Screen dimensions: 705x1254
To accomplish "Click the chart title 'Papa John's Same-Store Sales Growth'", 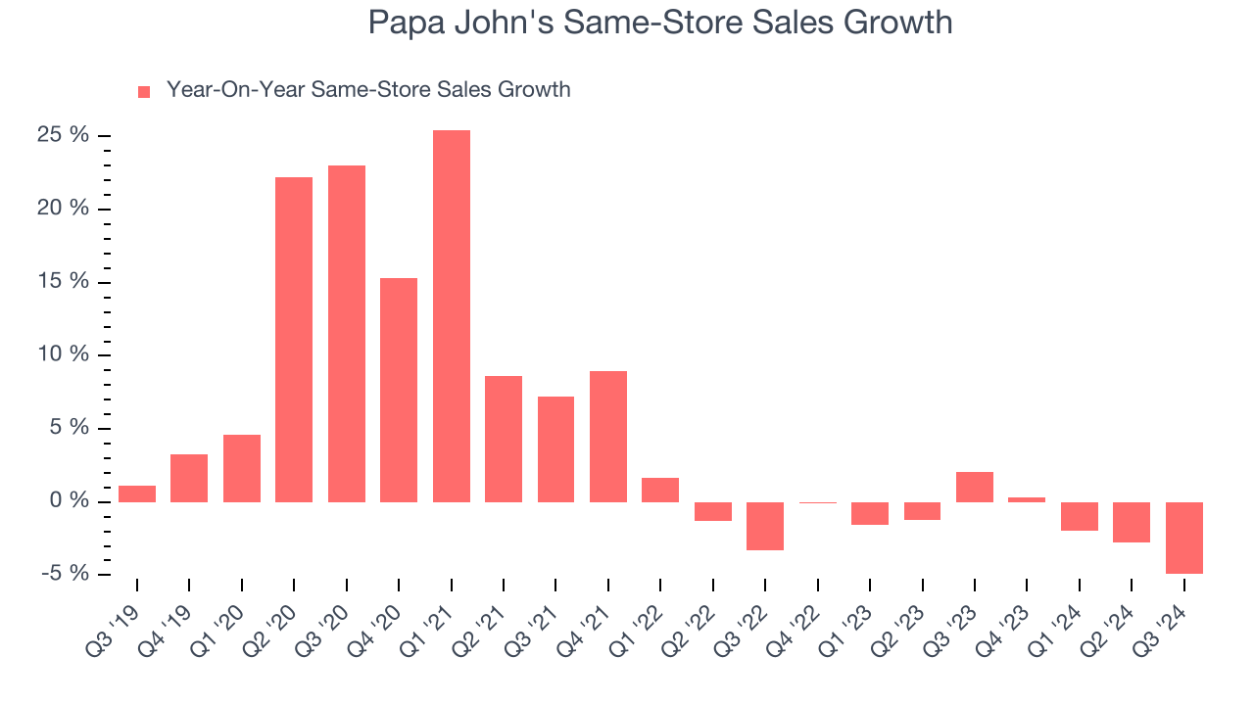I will pos(659,23).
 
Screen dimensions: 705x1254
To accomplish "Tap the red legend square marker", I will pos(144,91).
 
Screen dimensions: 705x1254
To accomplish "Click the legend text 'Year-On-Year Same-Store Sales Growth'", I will pos(368,90).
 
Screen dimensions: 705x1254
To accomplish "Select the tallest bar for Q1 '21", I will pos(452,316).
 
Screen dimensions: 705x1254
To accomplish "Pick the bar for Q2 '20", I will pos(294,340).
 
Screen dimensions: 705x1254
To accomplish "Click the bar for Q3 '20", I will pos(347,334).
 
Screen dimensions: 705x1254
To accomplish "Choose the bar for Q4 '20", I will pos(399,390).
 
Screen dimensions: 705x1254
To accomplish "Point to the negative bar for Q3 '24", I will pos(1183,538).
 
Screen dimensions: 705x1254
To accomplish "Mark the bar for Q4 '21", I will pos(608,437).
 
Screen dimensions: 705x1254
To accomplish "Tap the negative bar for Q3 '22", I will pos(765,526).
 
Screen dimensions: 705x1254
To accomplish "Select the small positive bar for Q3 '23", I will pos(975,487).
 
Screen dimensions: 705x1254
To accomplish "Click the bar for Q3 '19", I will pos(137,493).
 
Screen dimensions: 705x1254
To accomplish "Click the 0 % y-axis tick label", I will pos(70,501).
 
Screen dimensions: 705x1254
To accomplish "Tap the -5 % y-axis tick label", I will pos(65,574).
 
